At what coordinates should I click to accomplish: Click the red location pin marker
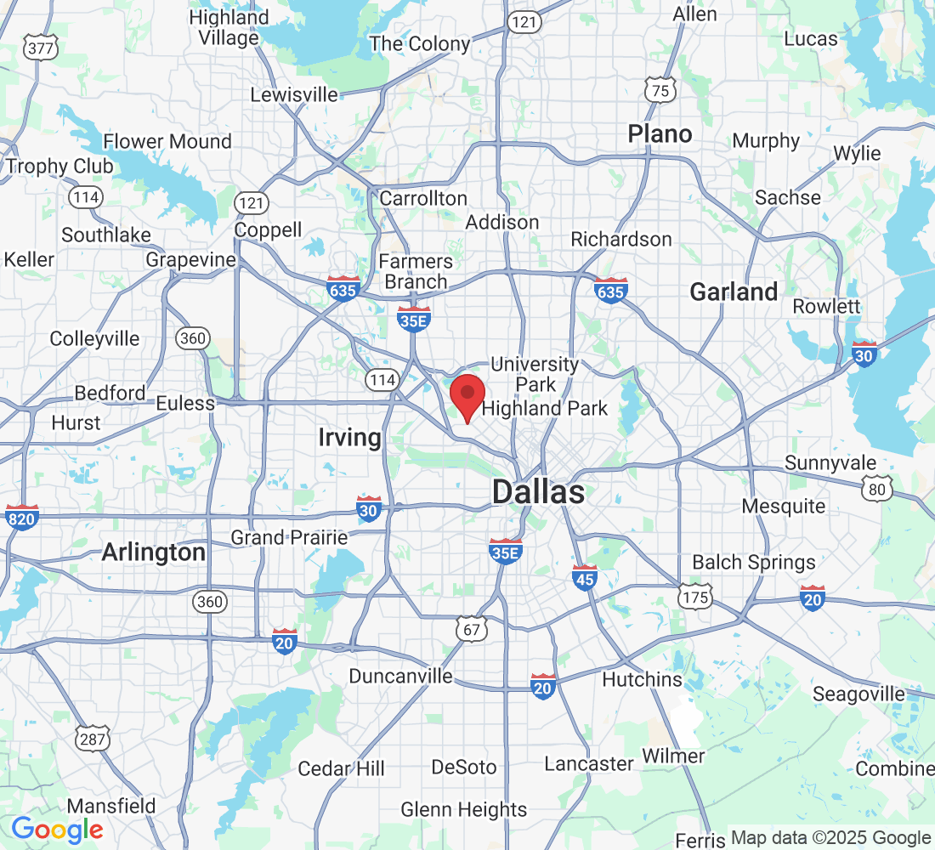click(467, 397)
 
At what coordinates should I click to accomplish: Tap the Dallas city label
click(538, 491)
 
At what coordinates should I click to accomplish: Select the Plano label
click(660, 133)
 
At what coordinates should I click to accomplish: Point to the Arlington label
click(153, 552)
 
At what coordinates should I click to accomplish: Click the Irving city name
click(349, 438)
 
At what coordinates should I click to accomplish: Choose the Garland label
click(734, 292)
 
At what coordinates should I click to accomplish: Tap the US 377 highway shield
click(41, 48)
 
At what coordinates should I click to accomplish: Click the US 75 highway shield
click(660, 88)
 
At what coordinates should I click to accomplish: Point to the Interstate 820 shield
click(21, 516)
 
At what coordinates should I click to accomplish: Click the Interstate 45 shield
click(585, 577)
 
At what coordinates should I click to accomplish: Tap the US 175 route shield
click(694, 598)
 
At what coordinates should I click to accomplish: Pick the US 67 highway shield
click(470, 629)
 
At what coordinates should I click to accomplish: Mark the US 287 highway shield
click(91, 738)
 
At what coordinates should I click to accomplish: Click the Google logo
click(57, 830)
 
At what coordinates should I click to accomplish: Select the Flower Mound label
click(167, 141)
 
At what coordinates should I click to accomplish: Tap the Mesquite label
click(783, 507)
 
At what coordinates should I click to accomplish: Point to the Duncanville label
click(401, 676)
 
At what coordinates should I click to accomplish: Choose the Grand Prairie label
click(290, 537)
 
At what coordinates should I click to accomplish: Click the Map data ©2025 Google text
click(830, 838)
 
